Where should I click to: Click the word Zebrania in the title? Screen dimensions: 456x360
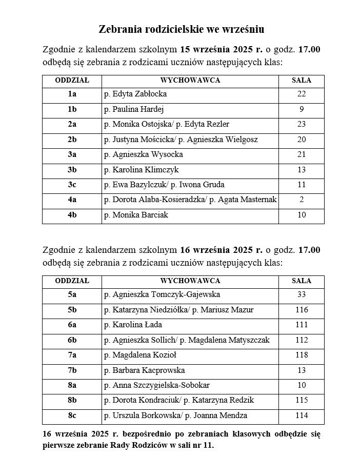pos(119,29)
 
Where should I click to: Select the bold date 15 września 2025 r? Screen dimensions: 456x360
pos(221,50)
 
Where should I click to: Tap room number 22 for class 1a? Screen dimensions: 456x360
pos(301,94)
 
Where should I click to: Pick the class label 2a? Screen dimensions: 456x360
pos(72,124)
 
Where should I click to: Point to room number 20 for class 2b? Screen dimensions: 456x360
pos(301,140)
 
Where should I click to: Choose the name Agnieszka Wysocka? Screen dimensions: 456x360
pos(147,154)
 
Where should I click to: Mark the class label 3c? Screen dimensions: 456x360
pos(72,185)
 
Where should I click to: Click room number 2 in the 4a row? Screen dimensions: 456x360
pos(301,200)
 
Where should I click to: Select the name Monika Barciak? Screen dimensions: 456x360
pos(140,215)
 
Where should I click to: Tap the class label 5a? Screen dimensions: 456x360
pos(72,295)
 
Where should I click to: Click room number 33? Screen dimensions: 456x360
pos(301,295)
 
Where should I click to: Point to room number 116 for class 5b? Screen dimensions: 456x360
pos(301,310)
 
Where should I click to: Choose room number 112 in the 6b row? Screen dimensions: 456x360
pos(301,340)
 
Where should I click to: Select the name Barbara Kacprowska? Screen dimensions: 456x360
pos(148,370)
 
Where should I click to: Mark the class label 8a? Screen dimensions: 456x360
pos(72,385)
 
